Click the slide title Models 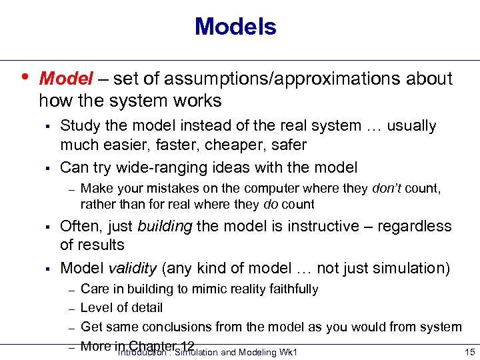pos(235,27)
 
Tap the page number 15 pos(469,352)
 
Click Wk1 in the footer pos(289,352)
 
